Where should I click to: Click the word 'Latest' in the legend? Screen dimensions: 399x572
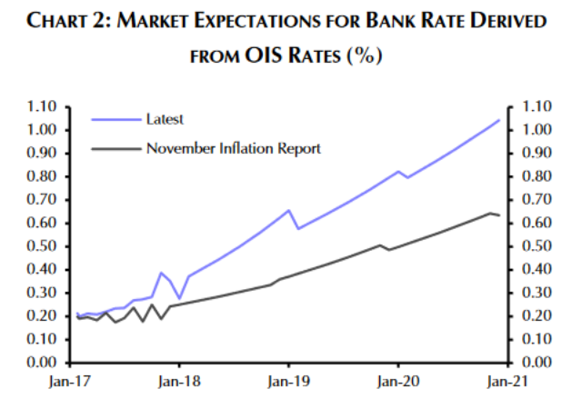point(164,119)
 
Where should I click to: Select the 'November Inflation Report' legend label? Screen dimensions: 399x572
point(233,146)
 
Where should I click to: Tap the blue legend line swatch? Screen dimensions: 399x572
point(114,119)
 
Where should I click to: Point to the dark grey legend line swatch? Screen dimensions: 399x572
point(114,146)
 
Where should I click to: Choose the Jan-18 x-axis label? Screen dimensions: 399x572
point(179,383)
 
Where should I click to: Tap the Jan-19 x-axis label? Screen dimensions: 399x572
point(288,383)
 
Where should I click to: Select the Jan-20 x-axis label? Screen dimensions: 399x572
point(397,383)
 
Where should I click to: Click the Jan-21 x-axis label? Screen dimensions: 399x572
point(507,383)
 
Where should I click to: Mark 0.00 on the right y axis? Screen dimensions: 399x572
point(532,363)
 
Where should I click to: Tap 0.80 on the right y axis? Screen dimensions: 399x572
point(532,176)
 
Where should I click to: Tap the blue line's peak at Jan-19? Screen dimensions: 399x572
point(288,210)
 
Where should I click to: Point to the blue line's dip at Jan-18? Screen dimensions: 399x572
point(179,297)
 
